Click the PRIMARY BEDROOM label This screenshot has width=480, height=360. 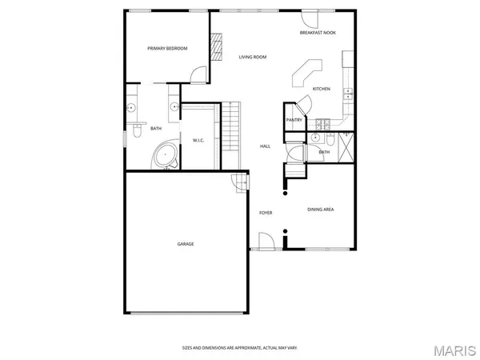pos(167,49)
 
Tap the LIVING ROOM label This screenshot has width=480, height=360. pos(253,57)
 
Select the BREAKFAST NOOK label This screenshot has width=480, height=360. pos(318,33)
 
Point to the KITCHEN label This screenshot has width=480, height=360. pos(322,89)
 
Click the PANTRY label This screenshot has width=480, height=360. pos(293,120)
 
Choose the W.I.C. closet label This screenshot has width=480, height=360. pos(199,141)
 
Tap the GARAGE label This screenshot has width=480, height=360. pos(186,244)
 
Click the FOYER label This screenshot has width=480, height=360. pos(266,213)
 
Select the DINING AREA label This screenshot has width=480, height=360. pos(321,210)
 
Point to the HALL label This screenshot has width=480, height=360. pos(266,146)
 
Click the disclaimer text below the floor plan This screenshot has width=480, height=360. pos(240,347)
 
